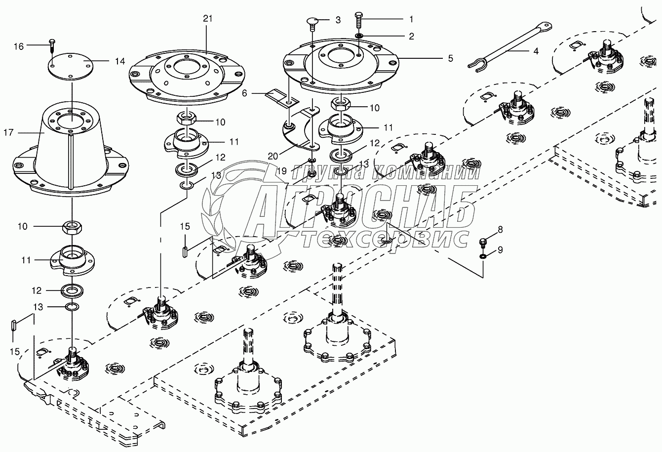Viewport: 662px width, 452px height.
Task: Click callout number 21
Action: (207, 19)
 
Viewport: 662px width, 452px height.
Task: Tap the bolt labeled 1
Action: (358, 22)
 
